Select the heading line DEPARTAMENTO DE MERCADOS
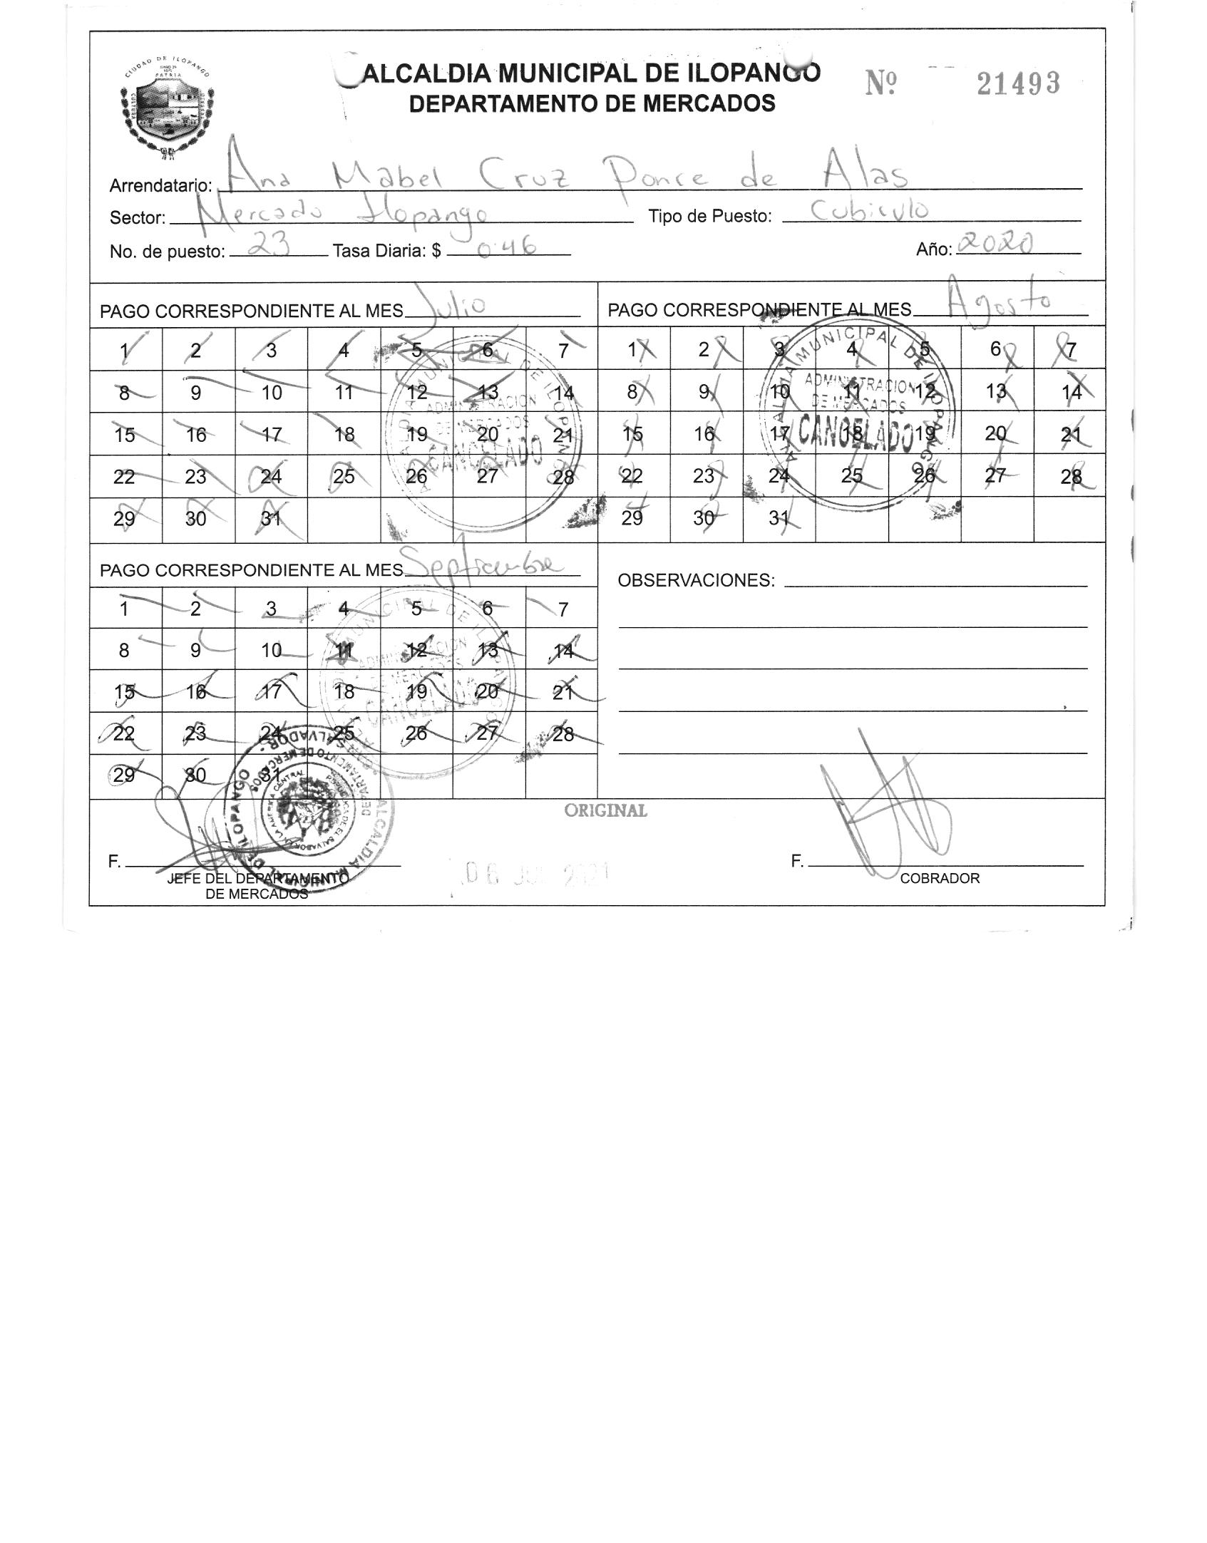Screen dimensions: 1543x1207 (592, 104)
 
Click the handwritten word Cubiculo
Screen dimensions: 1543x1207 (870, 210)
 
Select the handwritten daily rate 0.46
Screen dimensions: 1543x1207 (507, 247)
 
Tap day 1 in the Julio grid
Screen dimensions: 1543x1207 (125, 350)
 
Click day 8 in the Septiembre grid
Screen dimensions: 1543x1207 (124, 650)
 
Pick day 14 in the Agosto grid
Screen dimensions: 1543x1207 (1070, 392)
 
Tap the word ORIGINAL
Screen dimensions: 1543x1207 (605, 810)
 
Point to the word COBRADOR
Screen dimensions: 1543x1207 (939, 878)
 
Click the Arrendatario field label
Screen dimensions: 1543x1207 (160, 186)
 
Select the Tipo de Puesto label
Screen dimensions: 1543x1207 (709, 217)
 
